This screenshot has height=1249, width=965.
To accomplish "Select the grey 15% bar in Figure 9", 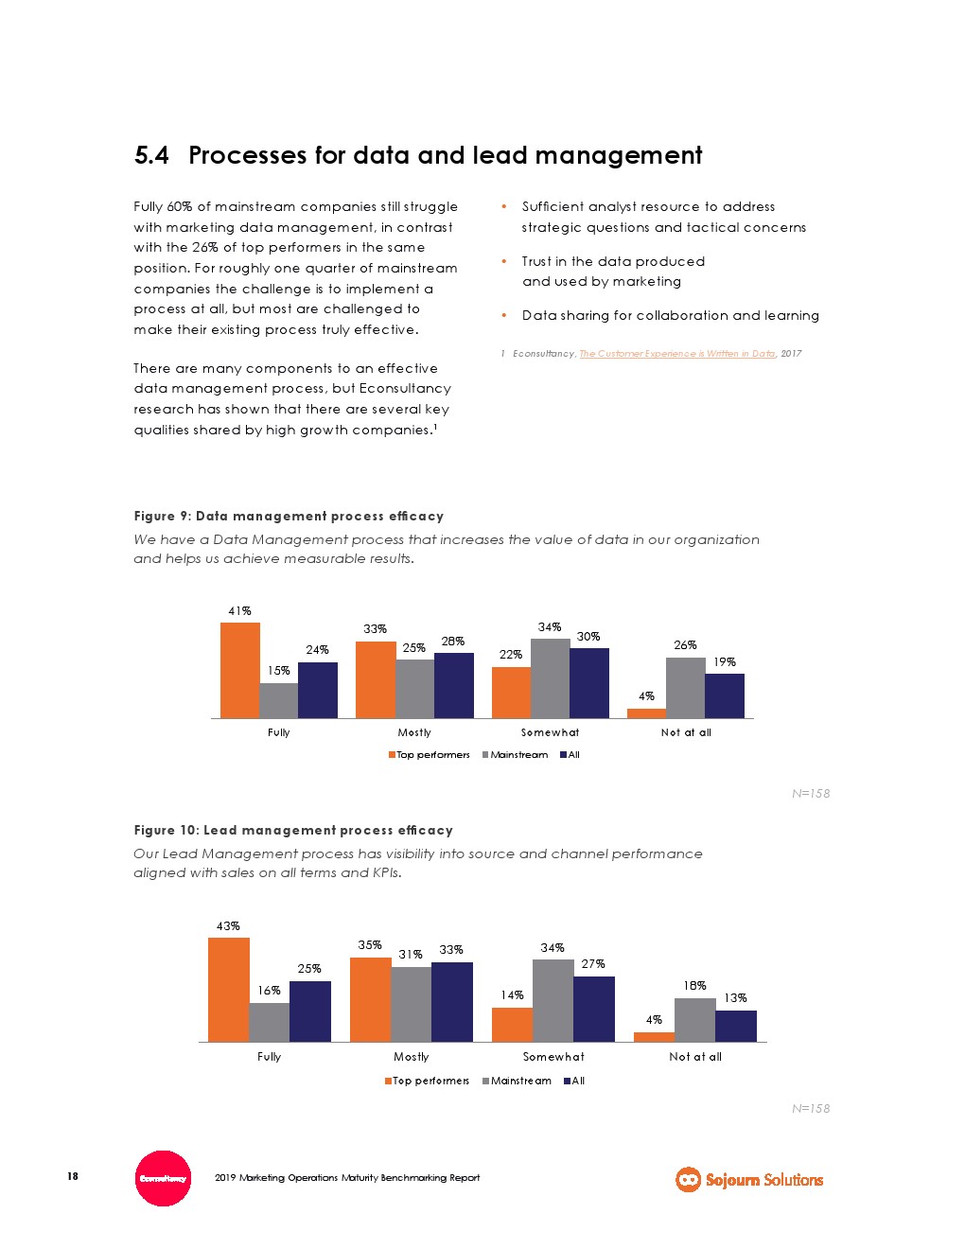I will pos(278,700).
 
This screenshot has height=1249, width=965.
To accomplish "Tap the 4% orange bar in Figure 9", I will pos(646,712).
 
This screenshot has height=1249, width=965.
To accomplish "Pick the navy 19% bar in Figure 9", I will pos(725,695).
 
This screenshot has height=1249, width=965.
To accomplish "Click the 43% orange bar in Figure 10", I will pos(228,990).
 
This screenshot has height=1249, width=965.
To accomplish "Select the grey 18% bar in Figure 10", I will pos(694,1020).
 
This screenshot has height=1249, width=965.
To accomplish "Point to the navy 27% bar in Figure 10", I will pos(594,1009).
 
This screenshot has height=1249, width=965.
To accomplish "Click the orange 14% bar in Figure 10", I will pos(512,1024).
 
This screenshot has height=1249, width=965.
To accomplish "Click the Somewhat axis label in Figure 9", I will pos(550,732).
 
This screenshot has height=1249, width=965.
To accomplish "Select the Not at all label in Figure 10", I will pos(695,1057).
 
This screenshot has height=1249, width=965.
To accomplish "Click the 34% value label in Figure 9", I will pos(550,627).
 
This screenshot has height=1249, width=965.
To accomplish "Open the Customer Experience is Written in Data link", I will pos(677,354).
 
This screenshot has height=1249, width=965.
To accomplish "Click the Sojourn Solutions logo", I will pos(749,1179).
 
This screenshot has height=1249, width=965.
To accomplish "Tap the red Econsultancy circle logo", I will pos(163,1178).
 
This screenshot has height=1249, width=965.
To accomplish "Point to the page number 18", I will pos(73,1176).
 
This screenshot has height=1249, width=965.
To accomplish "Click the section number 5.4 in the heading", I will pos(151,155).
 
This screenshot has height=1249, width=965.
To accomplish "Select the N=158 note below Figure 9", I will pos(811,794).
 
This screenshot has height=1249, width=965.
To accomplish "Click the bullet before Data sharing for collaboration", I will pos(504,316).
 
